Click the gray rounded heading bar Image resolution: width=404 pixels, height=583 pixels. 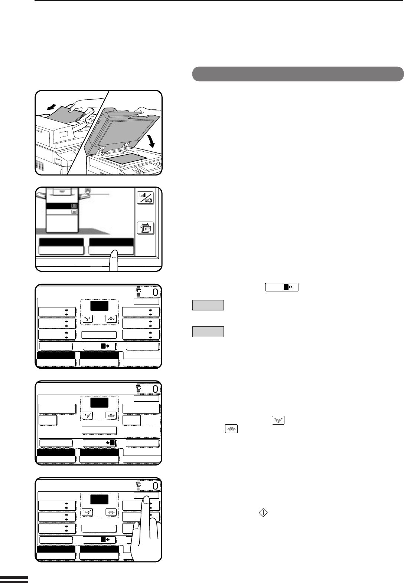point(298,74)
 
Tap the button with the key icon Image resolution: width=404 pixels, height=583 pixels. point(146,198)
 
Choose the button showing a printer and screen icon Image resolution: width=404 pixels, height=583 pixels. point(146,228)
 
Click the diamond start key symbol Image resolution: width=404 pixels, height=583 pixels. point(263,513)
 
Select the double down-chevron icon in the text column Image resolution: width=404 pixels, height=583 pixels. point(278,420)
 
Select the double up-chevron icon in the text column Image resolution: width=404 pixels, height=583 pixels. point(231,429)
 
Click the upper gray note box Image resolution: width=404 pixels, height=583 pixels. point(208,305)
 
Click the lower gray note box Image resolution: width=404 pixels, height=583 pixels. point(208,332)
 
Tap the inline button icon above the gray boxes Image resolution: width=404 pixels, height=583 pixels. point(282,287)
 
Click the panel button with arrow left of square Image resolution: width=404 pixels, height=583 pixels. point(99,443)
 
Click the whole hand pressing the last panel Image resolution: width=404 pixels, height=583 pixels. point(146,529)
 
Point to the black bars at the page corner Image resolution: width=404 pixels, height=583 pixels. point(14,579)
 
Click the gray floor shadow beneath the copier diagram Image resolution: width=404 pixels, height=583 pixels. point(73,231)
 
